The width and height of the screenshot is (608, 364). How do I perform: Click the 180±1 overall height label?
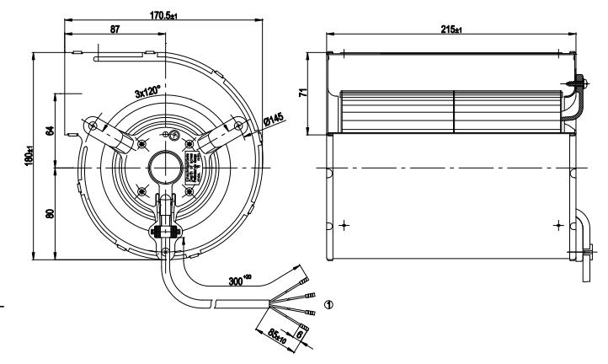click(29, 157)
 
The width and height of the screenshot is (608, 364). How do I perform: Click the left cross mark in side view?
click(344, 226)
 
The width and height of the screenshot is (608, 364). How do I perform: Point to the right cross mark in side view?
click(557, 226)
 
